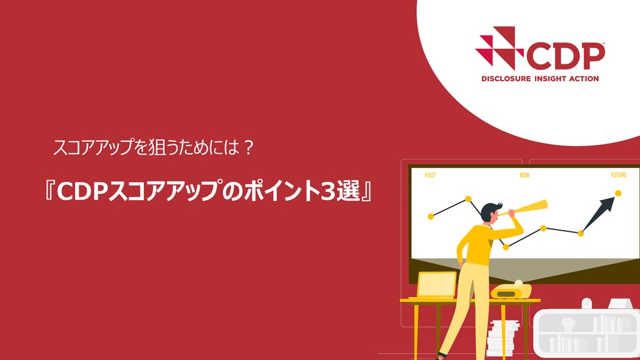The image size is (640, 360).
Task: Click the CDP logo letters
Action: tap(566, 56)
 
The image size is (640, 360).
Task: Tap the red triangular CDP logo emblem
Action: tap(499, 47)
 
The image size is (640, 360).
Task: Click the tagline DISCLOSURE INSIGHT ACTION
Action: tap(540, 79)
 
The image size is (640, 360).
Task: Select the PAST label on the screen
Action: tap(430, 175)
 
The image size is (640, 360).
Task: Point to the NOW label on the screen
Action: tap(524, 175)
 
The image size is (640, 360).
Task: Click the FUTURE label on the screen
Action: tap(619, 175)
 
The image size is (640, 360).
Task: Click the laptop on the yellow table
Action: tap(436, 285)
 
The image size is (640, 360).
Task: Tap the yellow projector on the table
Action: tap(511, 290)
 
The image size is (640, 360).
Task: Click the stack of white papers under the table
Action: tap(502, 338)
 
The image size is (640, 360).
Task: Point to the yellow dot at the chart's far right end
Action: tap(618, 194)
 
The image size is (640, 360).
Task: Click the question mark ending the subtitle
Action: tap(248, 147)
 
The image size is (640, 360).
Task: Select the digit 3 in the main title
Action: tap(327, 191)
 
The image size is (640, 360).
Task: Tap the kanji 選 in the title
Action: tap(348, 191)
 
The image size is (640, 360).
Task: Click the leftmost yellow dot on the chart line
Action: tap(431, 216)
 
